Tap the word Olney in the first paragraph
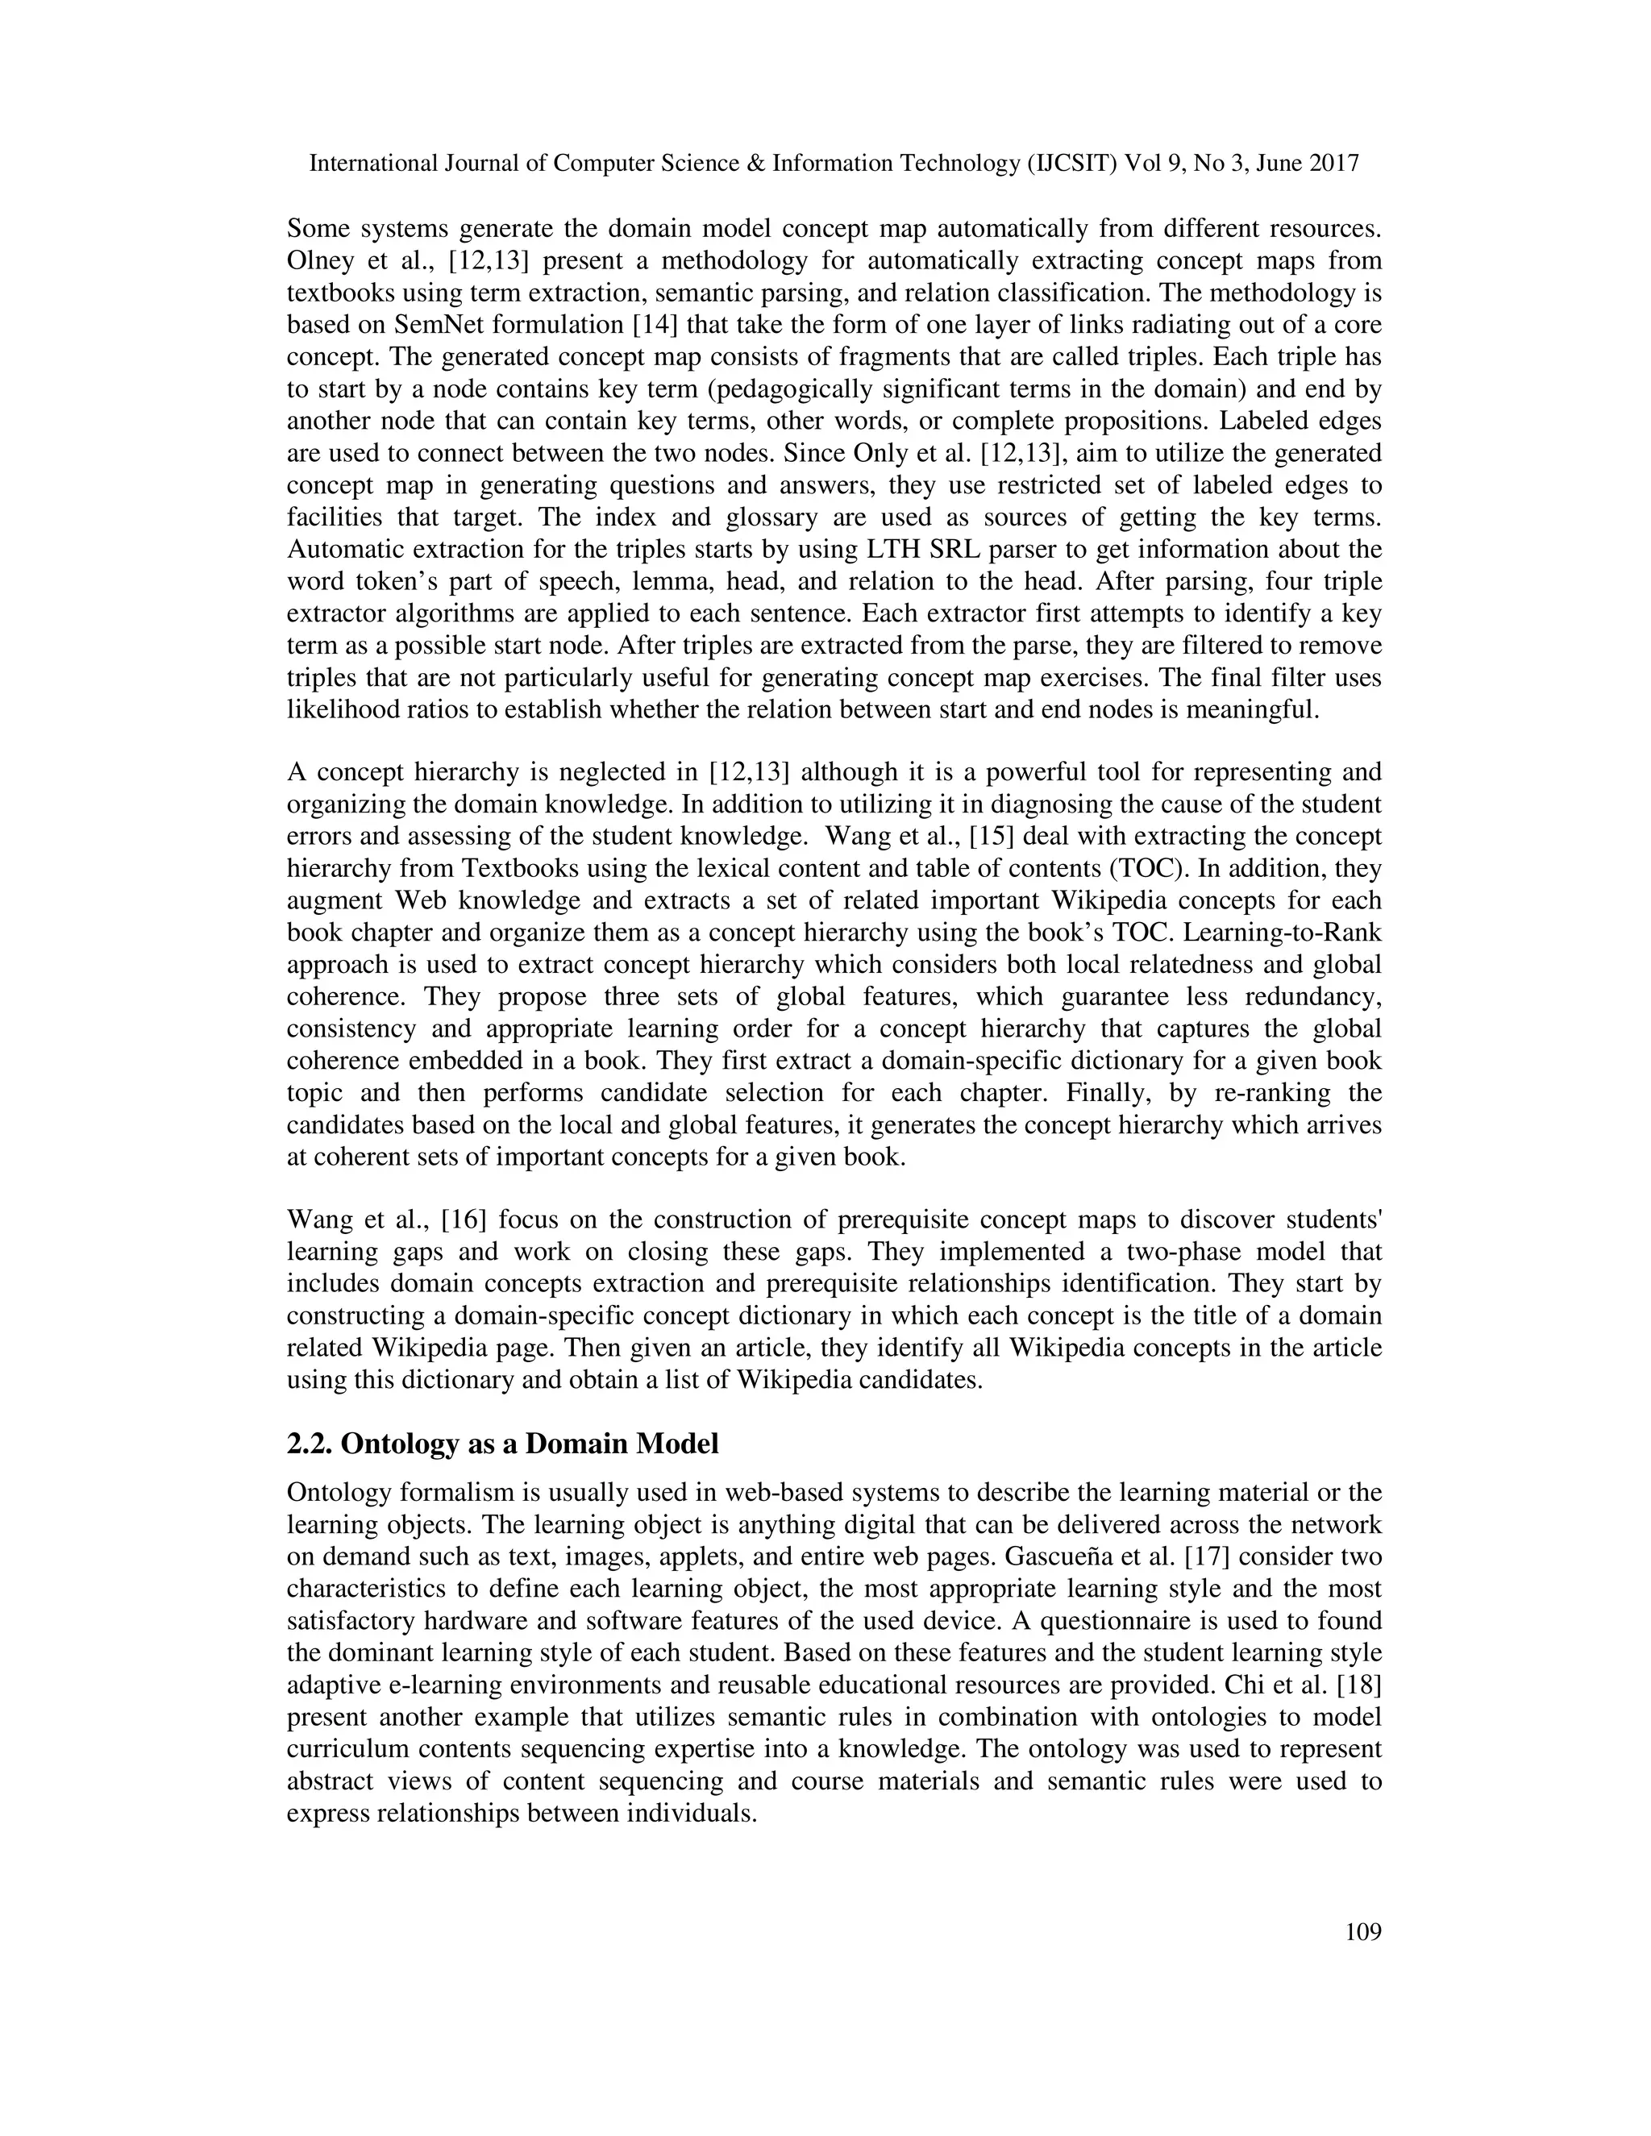pos(320,261)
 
